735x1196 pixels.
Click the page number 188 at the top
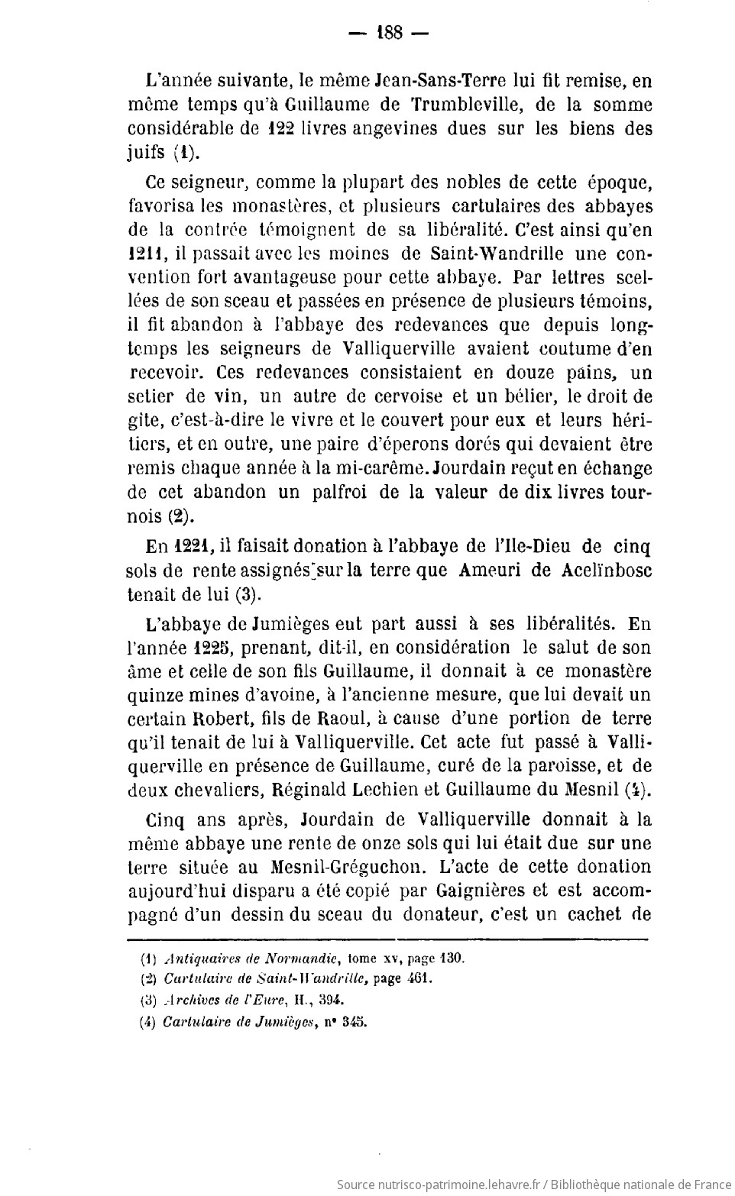[x=389, y=34]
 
